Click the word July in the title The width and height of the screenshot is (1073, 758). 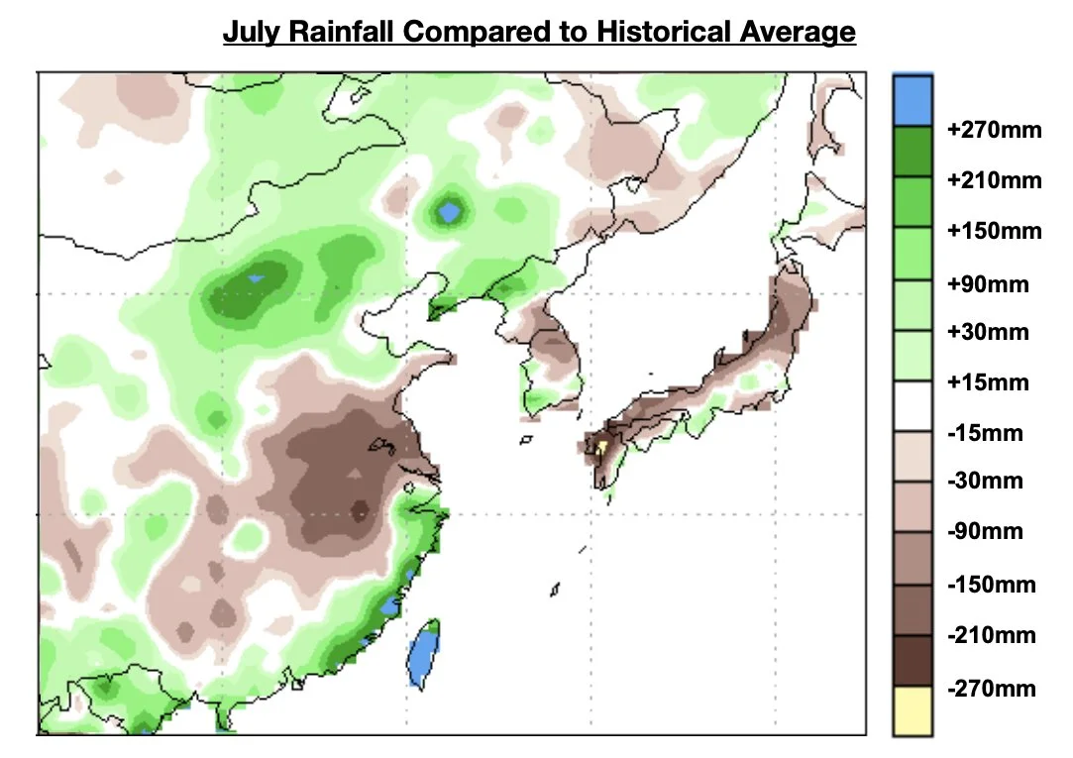pos(248,32)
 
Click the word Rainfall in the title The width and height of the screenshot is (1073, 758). pos(339,32)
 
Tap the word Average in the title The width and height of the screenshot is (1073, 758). pos(798,32)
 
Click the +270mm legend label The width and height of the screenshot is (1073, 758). pos(994,130)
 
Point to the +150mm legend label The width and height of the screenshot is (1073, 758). pos(994,231)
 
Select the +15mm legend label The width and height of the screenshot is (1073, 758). pos(988,382)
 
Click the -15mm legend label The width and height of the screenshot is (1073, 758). pos(985,433)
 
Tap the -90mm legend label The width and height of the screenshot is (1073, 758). pos(985,531)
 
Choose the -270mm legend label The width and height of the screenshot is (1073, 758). pos(991,689)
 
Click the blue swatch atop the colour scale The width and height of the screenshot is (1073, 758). pos(912,100)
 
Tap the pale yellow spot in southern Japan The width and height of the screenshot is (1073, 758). pos(600,447)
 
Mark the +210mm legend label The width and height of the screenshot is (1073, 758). pos(994,180)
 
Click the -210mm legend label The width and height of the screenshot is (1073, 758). pos(991,635)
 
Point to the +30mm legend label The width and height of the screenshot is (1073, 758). pos(988,332)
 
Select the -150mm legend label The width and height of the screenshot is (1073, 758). pos(991,585)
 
